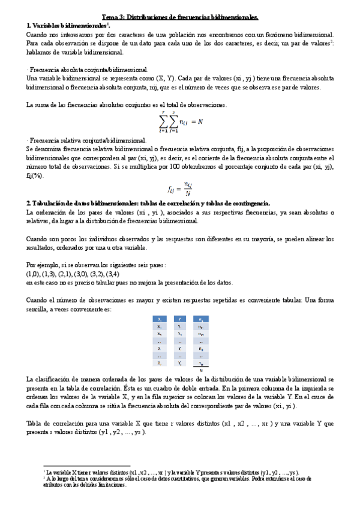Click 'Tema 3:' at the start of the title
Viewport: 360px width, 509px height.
pyautogui.click(x=114, y=18)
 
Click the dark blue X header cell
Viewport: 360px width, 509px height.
pyautogui.click(x=158, y=319)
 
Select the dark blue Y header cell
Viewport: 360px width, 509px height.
pyautogui.click(x=180, y=319)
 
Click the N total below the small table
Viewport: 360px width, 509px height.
pyautogui.click(x=201, y=370)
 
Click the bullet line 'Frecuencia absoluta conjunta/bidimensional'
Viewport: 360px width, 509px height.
pyautogui.click(x=89, y=70)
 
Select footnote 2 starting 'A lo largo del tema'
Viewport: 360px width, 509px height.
pyautogui.click(x=174, y=481)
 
